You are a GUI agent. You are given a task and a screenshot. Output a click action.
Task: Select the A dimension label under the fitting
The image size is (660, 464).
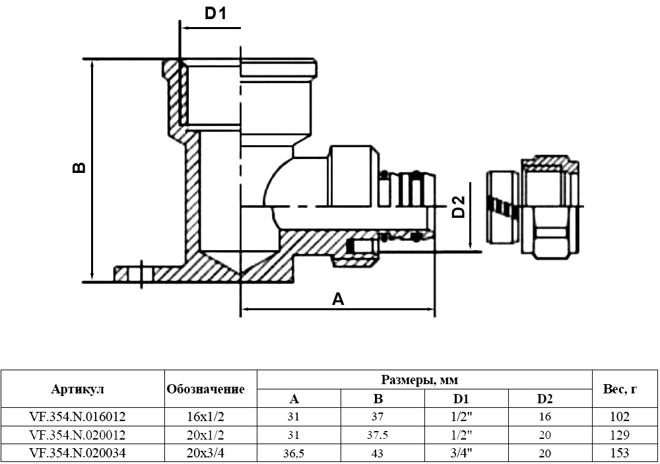coord(338,300)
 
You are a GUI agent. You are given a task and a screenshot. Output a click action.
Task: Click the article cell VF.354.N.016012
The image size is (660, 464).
coord(78,417)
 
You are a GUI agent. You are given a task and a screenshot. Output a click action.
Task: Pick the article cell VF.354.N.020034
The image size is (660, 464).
coord(78,453)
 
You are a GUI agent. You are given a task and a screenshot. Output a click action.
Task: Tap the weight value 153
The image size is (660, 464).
coord(620,453)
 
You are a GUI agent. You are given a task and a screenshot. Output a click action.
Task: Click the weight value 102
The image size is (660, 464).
coord(620,417)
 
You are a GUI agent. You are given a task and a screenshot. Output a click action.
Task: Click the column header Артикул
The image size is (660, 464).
coord(78,389)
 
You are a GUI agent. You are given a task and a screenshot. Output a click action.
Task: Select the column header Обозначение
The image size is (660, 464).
coord(206,389)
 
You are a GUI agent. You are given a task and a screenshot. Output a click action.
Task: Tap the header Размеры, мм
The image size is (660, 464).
coord(420,380)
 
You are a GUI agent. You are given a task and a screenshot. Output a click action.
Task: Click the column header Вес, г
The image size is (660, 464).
coord(620,389)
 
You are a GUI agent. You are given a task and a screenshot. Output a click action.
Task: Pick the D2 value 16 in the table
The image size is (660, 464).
coord(544,417)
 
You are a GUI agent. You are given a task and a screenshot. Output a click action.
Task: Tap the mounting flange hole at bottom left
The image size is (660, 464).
coord(141,273)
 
